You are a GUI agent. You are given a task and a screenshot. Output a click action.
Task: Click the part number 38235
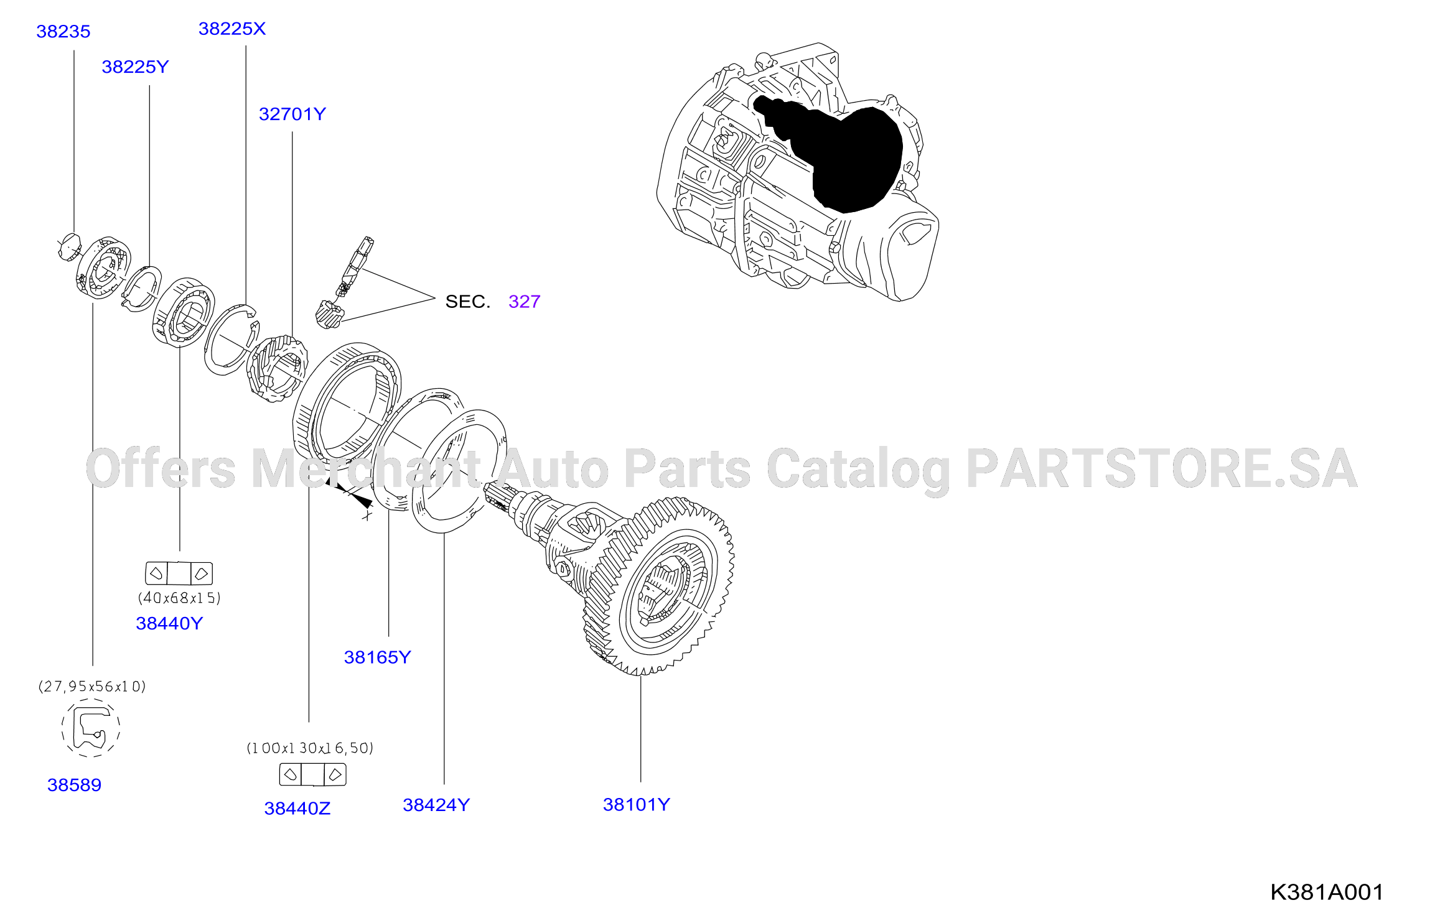click(63, 31)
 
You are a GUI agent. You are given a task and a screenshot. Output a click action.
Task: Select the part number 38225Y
click(135, 67)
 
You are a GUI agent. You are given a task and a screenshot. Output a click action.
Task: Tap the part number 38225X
click(232, 29)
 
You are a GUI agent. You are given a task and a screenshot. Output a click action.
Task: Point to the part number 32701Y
click(292, 114)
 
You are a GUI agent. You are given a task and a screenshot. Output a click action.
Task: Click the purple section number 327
click(524, 302)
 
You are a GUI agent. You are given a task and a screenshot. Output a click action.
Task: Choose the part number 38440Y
click(169, 623)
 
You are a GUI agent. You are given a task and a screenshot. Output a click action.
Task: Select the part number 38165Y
click(378, 657)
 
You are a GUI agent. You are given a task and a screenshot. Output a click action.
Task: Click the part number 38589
click(75, 785)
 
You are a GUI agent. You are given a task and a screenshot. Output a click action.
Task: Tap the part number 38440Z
click(297, 809)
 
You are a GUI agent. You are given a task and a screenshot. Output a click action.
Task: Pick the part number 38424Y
click(436, 805)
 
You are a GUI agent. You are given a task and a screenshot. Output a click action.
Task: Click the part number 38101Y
click(637, 805)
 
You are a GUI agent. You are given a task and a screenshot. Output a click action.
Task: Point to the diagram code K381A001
click(1327, 893)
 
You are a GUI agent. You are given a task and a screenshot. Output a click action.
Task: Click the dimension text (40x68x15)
click(179, 598)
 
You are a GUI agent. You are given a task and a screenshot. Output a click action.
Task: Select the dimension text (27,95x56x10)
click(92, 686)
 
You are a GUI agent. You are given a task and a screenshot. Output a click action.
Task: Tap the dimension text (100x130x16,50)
click(310, 748)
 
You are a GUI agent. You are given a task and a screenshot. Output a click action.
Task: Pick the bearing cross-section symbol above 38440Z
click(312, 775)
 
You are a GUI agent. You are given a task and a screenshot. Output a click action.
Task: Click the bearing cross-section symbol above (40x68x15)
click(179, 573)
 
